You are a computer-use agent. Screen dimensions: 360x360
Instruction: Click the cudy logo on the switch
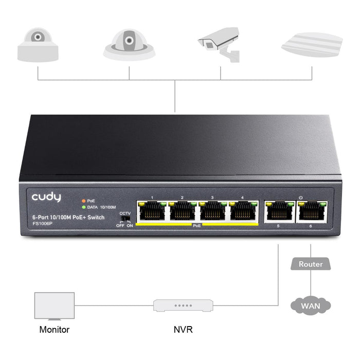pos(46,197)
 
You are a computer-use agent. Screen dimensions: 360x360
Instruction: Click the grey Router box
pos(311,264)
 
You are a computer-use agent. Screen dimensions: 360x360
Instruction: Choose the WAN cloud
pos(311,306)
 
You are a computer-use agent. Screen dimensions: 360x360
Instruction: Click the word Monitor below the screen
pos(54,330)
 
